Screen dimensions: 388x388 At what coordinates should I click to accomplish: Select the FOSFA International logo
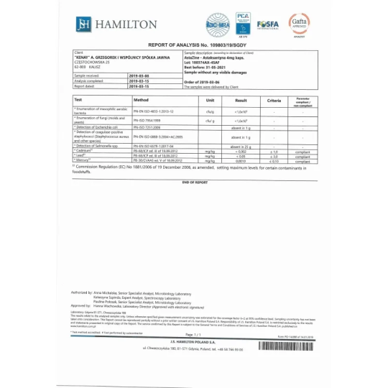pos(269,24)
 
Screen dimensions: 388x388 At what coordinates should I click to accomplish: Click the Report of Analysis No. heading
pos(194,45)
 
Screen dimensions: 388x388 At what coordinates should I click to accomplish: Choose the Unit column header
pos(211,99)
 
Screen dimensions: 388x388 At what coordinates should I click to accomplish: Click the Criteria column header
pos(274,99)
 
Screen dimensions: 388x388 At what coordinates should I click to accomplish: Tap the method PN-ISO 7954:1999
pos(148,121)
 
